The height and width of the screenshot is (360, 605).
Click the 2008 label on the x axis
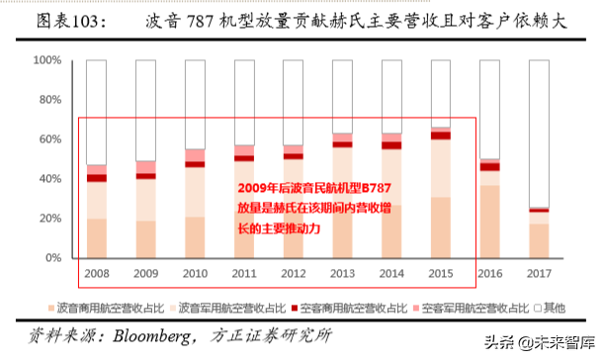[x=96, y=274]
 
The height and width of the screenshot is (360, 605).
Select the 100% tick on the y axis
[x=48, y=60]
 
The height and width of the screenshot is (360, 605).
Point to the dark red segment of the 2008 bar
[x=96, y=178]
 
